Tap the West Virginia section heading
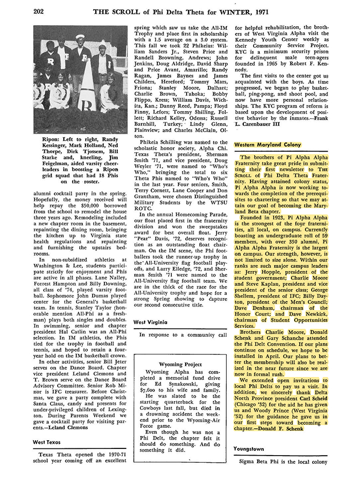152,321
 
